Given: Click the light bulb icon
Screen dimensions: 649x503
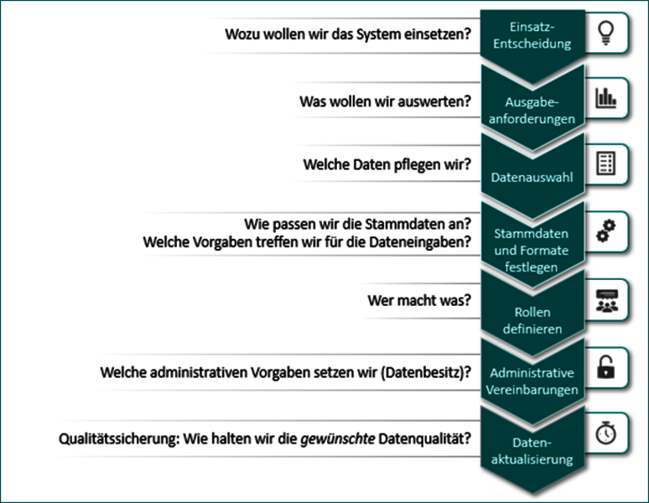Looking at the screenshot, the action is click(x=606, y=33).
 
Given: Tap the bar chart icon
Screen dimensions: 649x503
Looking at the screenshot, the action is click(x=606, y=98).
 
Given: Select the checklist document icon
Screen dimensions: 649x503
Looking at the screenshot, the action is click(x=606, y=163).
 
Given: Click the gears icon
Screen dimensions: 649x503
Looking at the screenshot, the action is click(x=606, y=231).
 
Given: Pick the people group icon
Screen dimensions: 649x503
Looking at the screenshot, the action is click(x=607, y=301).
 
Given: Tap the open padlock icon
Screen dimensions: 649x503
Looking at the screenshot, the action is click(x=606, y=367).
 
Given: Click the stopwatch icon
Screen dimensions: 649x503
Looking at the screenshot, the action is click(x=606, y=433).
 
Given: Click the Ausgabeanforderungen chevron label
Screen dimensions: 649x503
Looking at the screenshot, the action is click(x=532, y=111).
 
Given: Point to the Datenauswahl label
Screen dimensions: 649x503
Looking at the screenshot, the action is click(x=532, y=177).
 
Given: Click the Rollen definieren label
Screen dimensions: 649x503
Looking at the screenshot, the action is click(x=532, y=320).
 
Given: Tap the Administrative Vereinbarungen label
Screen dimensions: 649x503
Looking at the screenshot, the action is click(x=532, y=381).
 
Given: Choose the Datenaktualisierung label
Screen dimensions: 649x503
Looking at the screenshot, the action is click(x=532, y=451).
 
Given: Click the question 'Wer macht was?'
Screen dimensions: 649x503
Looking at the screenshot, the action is click(x=419, y=300).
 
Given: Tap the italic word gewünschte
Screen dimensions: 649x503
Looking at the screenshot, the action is click(x=337, y=438).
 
